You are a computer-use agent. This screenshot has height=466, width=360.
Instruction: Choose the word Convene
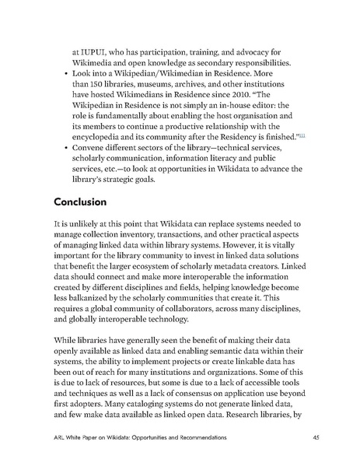(x=90, y=148)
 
